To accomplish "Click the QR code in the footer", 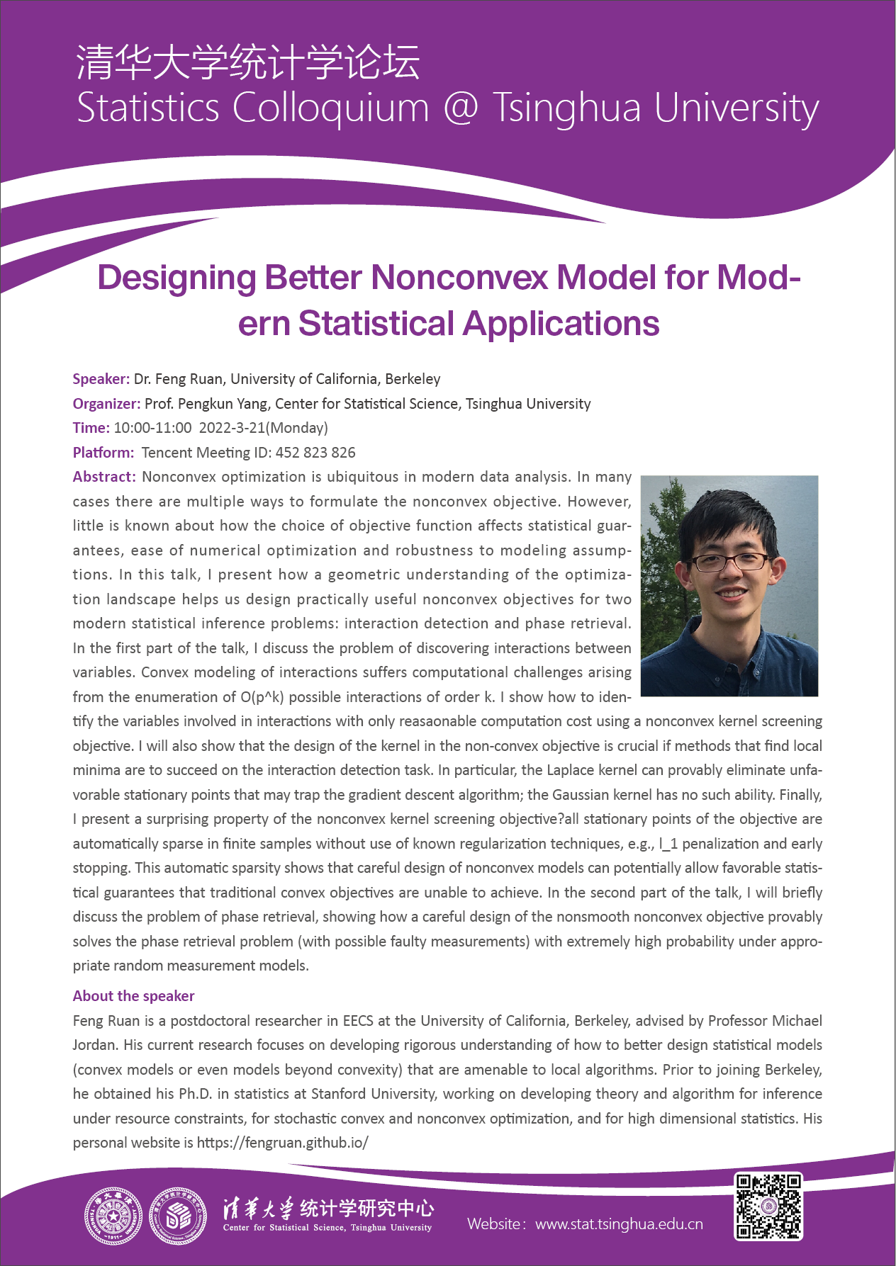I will (x=768, y=1206).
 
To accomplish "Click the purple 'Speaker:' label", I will (x=101, y=379).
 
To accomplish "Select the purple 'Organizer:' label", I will (x=106, y=404).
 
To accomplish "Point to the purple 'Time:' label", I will (x=91, y=428).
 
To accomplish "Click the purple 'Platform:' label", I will (x=103, y=453).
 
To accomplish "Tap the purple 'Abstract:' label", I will (x=104, y=477).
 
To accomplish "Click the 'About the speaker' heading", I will (x=133, y=996).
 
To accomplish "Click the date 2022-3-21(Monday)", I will (x=263, y=428).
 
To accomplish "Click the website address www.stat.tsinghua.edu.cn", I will (x=619, y=1223).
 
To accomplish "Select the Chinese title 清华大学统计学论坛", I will (x=248, y=62).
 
